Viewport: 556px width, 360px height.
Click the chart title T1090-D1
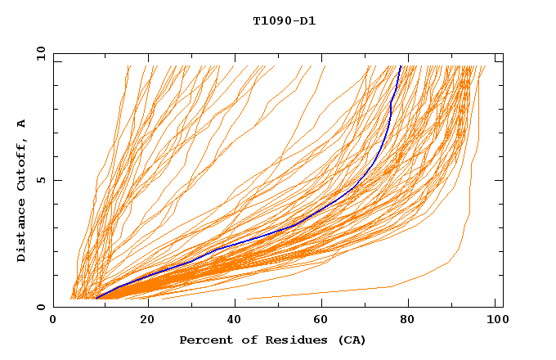click(x=284, y=20)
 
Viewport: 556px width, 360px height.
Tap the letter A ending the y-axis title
click(x=22, y=123)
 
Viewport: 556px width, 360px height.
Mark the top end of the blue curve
click(x=400, y=67)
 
